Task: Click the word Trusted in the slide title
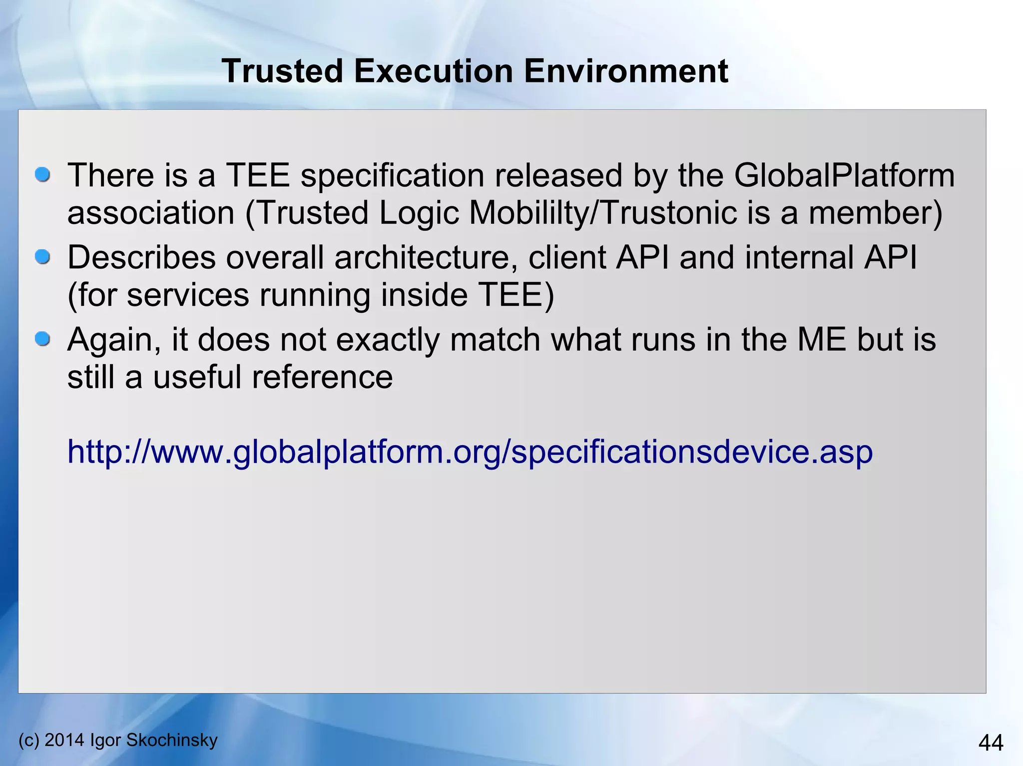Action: pyautogui.click(x=283, y=71)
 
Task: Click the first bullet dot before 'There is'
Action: pyautogui.click(x=43, y=175)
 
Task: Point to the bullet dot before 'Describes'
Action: pyautogui.click(x=43, y=257)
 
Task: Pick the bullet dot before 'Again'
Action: pyautogui.click(x=43, y=339)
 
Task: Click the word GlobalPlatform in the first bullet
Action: pyautogui.click(x=844, y=176)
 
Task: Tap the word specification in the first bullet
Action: pyautogui.click(x=392, y=176)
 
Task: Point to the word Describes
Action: pyautogui.click(x=141, y=258)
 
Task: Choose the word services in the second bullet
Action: pyautogui.click(x=188, y=295)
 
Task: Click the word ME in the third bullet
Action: pyautogui.click(x=822, y=340)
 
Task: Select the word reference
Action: pyautogui.click(x=322, y=377)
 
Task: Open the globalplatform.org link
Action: pyautogui.click(x=470, y=452)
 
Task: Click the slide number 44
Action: pyautogui.click(x=991, y=743)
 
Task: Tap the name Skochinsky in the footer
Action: pyautogui.click(x=172, y=740)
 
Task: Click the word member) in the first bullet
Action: pyautogui.click(x=875, y=213)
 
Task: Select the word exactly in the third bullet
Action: pyautogui.click(x=387, y=340)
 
